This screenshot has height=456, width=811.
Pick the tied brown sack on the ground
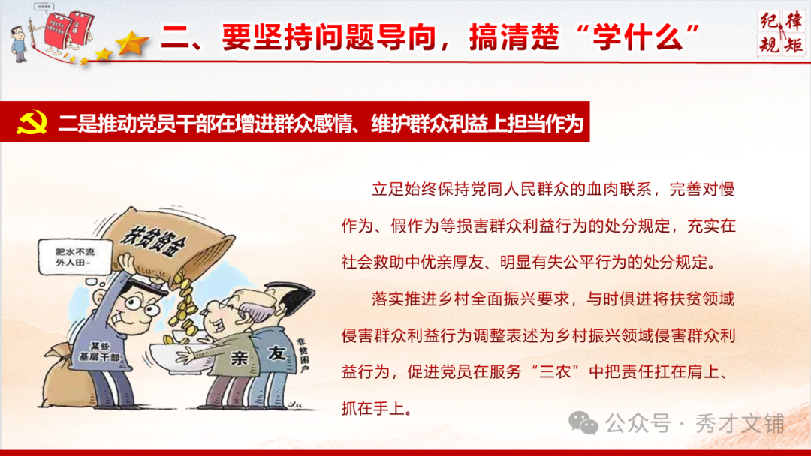60,375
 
